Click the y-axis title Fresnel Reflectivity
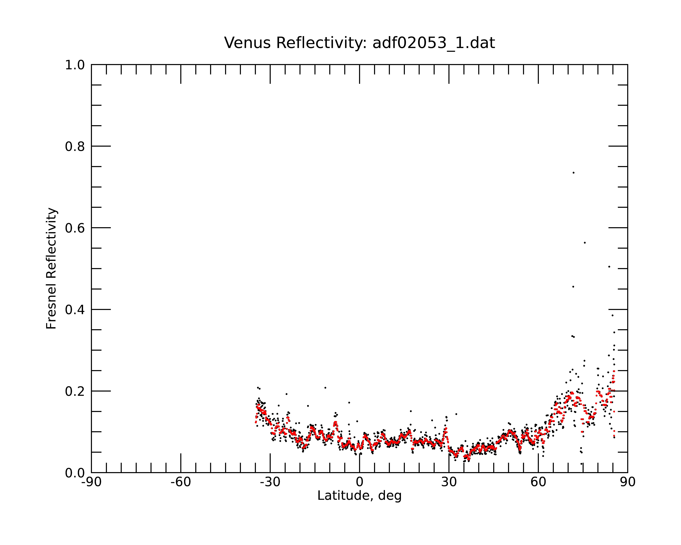tap(51, 268)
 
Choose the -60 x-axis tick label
tap(181, 482)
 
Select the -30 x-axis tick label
tap(270, 482)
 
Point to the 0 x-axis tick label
tap(359, 482)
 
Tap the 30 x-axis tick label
tap(449, 482)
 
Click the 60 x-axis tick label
tap(538, 482)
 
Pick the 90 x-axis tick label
tap(628, 482)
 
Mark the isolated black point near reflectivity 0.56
tap(585, 243)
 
